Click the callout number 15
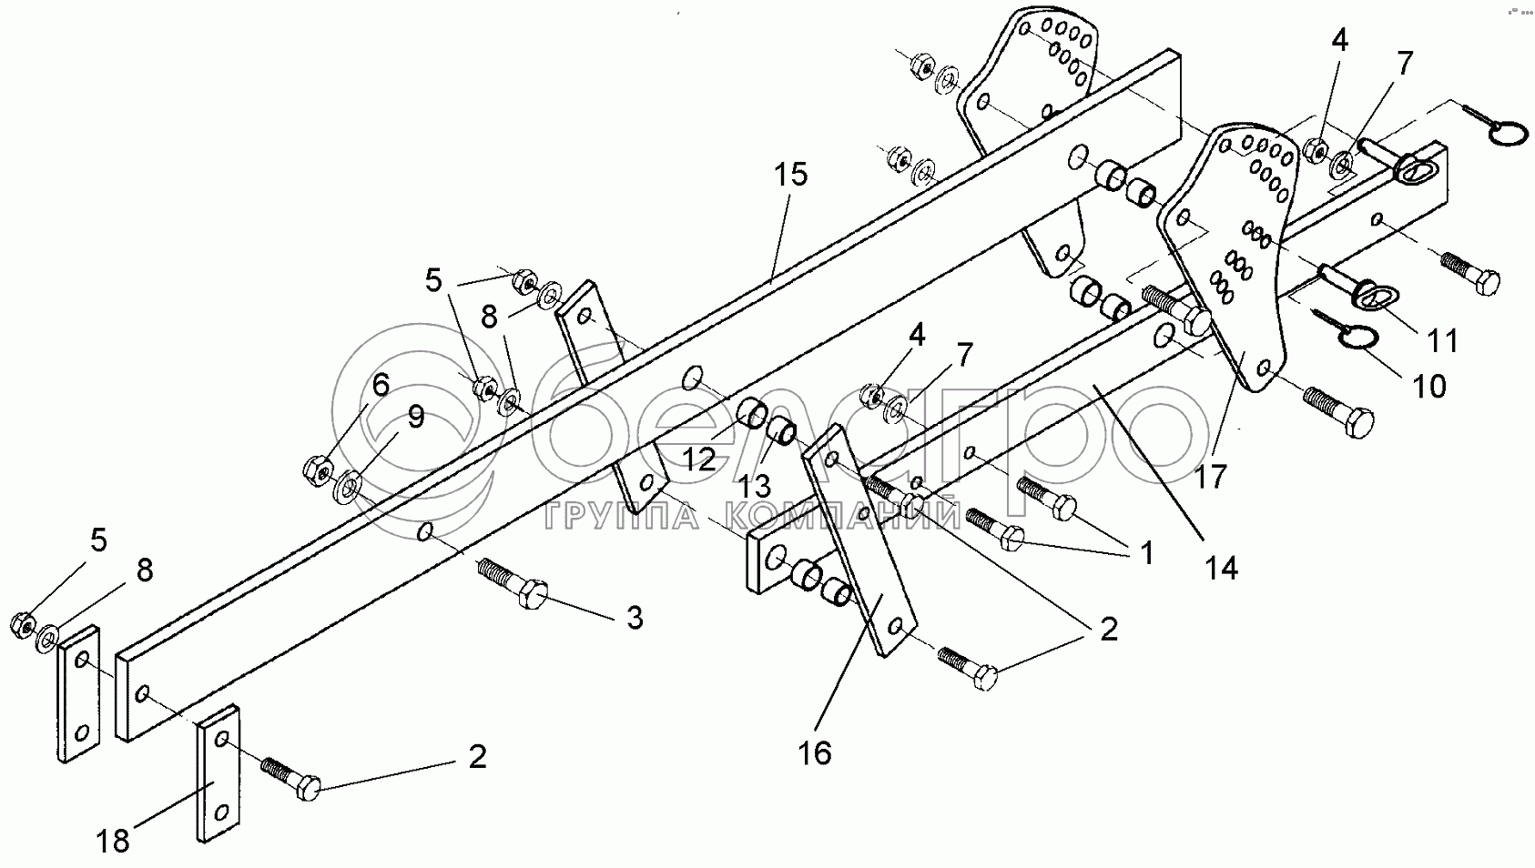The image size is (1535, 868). pyautogui.click(x=792, y=175)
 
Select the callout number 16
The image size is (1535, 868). pyautogui.click(x=816, y=753)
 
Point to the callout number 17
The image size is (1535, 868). pyautogui.click(x=1212, y=476)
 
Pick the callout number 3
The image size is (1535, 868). pyautogui.click(x=634, y=619)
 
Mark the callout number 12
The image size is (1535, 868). pyautogui.click(x=699, y=459)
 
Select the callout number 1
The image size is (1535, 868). pyautogui.click(x=1144, y=552)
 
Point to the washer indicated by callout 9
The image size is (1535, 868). pyautogui.click(x=348, y=488)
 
